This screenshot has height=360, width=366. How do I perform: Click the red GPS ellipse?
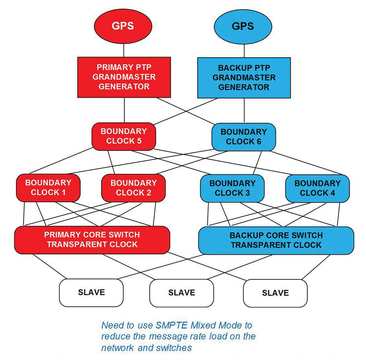point(124,26)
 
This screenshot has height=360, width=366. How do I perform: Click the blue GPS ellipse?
point(243,26)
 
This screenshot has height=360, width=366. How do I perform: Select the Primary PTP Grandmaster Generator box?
point(124,77)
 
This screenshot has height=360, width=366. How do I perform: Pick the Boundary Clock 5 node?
point(124,136)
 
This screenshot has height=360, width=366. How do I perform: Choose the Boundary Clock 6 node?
point(243,136)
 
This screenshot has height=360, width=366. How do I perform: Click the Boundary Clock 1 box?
point(48,188)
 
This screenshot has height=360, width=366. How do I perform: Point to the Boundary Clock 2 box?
point(133,188)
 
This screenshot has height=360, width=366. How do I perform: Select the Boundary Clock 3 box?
point(232,188)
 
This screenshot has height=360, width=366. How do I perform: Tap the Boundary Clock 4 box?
point(317,188)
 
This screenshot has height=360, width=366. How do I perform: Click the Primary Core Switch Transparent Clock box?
point(92,240)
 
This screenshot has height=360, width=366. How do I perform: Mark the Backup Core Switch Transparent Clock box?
point(276,240)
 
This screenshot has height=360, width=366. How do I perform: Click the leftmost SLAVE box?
point(91,292)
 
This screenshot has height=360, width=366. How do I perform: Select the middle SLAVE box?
point(182,292)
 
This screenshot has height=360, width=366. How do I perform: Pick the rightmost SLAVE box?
point(275,293)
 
